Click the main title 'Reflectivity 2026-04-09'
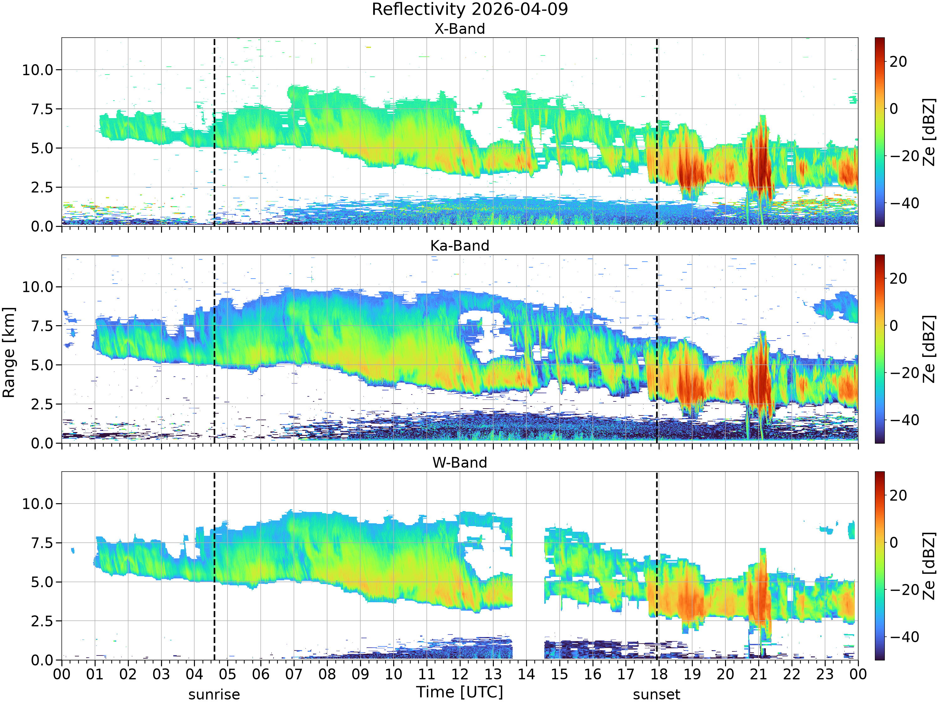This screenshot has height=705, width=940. click(x=470, y=9)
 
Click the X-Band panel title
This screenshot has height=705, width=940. click(x=460, y=29)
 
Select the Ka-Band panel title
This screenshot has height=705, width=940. click(x=460, y=246)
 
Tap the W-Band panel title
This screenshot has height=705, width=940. click(x=460, y=462)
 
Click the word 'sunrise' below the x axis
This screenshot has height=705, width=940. click(x=214, y=694)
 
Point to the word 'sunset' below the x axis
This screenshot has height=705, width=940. click(x=656, y=694)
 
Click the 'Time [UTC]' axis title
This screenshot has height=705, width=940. click(x=460, y=692)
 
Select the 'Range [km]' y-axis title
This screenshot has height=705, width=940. click(x=8, y=353)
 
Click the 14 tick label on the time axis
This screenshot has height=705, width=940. click(x=526, y=674)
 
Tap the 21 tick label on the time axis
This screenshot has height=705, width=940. click(x=759, y=674)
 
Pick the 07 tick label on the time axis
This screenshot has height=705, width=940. click(x=294, y=674)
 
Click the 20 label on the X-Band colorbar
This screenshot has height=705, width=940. click(x=898, y=62)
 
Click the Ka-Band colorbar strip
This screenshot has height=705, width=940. click(x=879, y=349)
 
